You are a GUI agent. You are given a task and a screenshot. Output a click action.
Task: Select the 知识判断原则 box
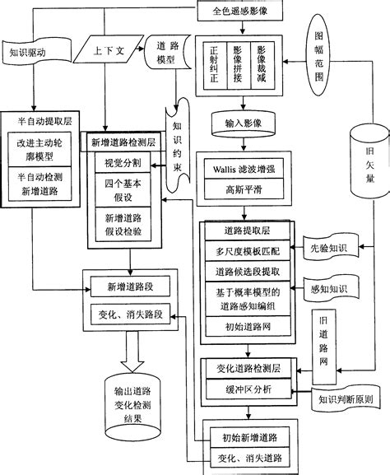point(346,398)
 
